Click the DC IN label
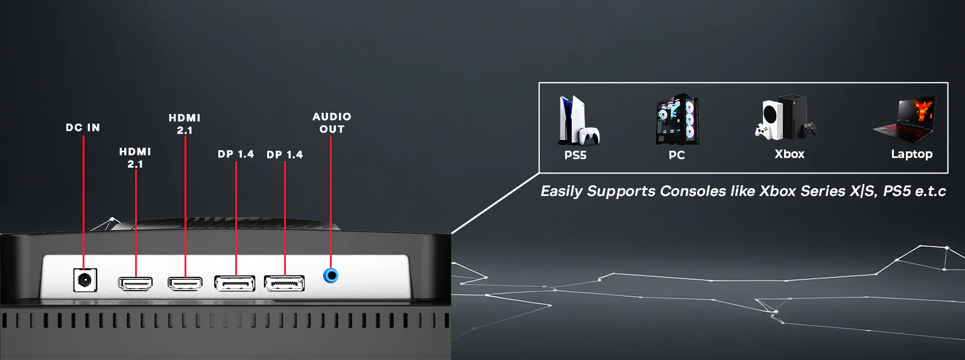[83, 128]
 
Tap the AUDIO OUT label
[332, 122]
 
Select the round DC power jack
[84, 280]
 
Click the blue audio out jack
[331, 276]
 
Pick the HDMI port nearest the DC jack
[135, 283]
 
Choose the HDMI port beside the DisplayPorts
[185, 283]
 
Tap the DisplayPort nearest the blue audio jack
[284, 283]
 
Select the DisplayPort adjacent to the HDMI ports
[235, 283]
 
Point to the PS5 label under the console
[575, 155]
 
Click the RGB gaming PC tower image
[677, 119]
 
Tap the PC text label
[677, 155]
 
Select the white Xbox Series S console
[770, 118]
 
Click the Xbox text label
[789, 154]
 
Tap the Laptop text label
[911, 154]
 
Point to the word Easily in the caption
[562, 192]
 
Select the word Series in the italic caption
[823, 191]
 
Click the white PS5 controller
[589, 136]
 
